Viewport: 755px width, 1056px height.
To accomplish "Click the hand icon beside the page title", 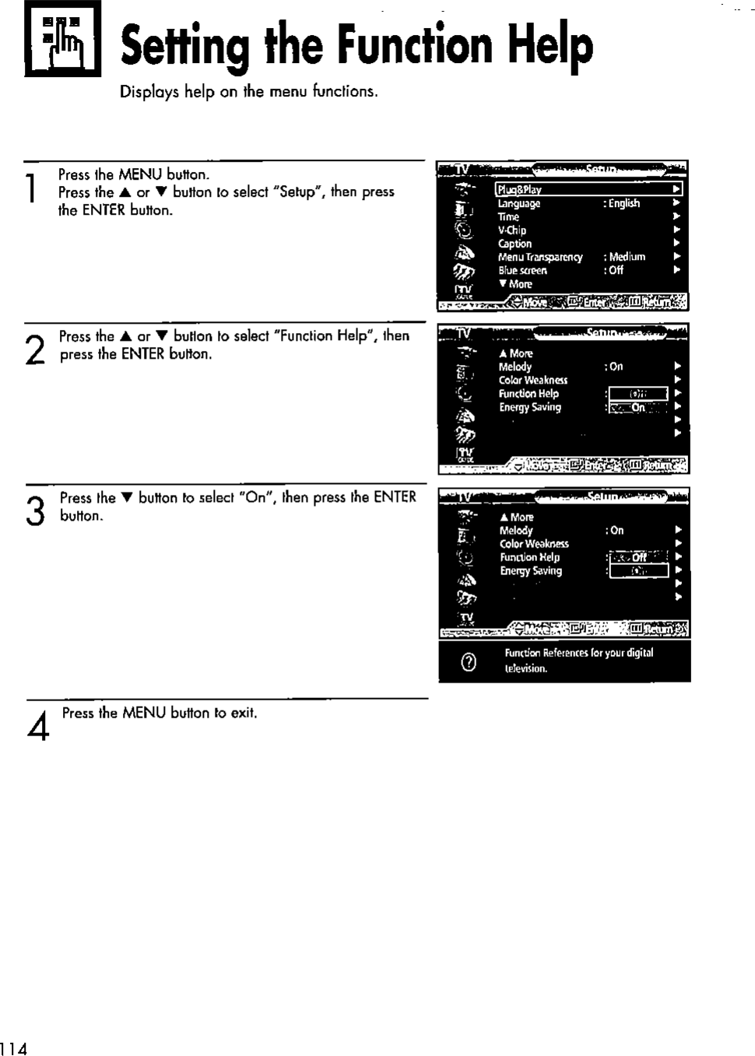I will [x=62, y=39].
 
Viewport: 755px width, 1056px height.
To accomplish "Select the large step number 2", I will [x=34, y=350].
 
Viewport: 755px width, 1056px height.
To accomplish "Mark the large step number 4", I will [x=38, y=725].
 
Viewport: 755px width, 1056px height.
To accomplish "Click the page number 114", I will [x=13, y=1048].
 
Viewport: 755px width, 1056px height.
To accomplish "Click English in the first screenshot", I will [x=624, y=204].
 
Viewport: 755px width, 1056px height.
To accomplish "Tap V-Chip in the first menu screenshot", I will [x=512, y=230].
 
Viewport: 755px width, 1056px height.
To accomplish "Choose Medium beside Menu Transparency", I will [x=627, y=257].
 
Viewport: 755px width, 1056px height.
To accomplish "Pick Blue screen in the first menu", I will [x=522, y=271].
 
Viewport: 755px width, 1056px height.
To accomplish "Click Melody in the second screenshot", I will [x=515, y=367].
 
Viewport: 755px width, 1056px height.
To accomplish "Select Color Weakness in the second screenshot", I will [x=533, y=381].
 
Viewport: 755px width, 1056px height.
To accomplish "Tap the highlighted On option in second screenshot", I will [x=637, y=407].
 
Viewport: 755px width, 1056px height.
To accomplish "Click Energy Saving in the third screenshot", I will [x=531, y=570].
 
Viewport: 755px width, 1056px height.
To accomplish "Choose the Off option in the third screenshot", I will [x=638, y=557].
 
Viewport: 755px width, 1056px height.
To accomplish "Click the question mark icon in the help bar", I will [x=469, y=661].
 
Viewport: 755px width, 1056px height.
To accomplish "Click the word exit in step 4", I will [x=242, y=713].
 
